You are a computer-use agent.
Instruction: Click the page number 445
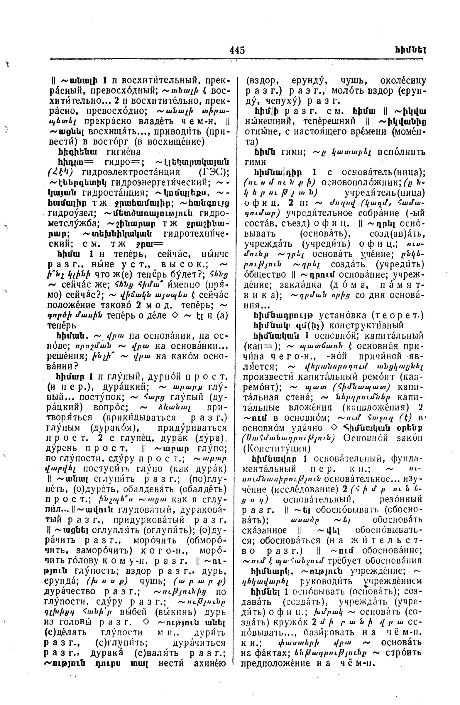click(x=237, y=50)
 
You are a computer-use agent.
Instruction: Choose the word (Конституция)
click(x=277, y=449)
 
